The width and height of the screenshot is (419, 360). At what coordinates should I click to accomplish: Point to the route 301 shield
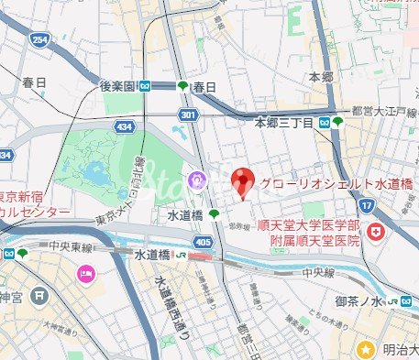point(188,115)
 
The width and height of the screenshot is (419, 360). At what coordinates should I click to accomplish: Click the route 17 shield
point(367,207)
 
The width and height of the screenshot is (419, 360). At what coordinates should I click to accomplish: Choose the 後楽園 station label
point(119,86)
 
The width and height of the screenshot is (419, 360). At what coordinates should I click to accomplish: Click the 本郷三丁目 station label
point(284,122)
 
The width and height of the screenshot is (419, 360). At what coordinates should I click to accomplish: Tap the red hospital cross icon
point(374,234)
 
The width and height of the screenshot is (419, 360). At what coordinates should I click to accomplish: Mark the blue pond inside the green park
point(94,172)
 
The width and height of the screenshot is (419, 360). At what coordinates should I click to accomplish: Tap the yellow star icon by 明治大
point(366,349)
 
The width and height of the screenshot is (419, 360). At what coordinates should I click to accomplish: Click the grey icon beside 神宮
point(38,297)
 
